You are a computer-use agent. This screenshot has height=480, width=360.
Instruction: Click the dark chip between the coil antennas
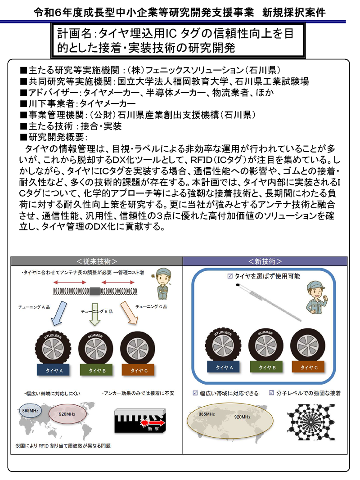coord(95,291)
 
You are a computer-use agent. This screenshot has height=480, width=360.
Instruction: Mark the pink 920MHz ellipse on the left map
coord(68,414)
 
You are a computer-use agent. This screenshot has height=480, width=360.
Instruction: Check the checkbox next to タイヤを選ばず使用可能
coord(230,276)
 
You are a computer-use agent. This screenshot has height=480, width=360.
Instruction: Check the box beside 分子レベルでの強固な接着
coord(271,393)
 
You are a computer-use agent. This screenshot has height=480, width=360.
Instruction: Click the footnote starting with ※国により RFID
coord(63,446)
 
